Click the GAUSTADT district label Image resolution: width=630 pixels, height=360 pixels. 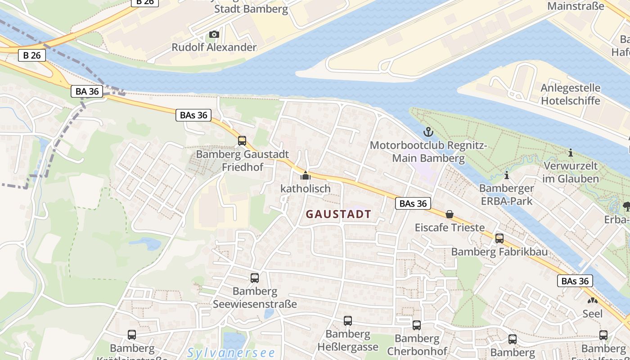[338, 214]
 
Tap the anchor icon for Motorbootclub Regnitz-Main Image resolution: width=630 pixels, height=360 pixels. [428, 132]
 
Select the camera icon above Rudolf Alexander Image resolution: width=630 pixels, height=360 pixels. [214, 34]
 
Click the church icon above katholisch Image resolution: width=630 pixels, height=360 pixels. [306, 175]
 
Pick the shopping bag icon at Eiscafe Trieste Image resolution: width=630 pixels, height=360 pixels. [449, 214]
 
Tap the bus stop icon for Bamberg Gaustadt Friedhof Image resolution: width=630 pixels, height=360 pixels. [242, 141]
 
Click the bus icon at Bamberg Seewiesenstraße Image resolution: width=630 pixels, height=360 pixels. [255, 278]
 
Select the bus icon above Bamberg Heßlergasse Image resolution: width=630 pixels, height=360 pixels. [348, 320]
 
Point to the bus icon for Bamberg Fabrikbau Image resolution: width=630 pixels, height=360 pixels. [499, 238]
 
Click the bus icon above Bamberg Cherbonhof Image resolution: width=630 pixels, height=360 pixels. [417, 325]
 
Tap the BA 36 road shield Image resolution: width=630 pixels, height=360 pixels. [87, 91]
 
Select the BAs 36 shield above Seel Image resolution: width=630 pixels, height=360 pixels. [576, 281]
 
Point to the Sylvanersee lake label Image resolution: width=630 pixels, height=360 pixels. [225, 353]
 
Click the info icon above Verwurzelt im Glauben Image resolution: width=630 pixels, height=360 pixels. [571, 153]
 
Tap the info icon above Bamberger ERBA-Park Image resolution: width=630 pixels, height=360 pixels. [507, 175]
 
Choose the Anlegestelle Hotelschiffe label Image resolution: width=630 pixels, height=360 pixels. [570, 94]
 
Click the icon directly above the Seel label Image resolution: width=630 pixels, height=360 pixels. [592, 300]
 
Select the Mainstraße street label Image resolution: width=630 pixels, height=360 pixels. [576, 6]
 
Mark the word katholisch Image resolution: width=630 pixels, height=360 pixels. [306, 189]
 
